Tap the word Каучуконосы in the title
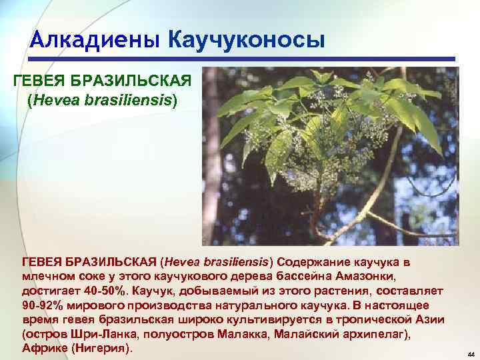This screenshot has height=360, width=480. [247, 39]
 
